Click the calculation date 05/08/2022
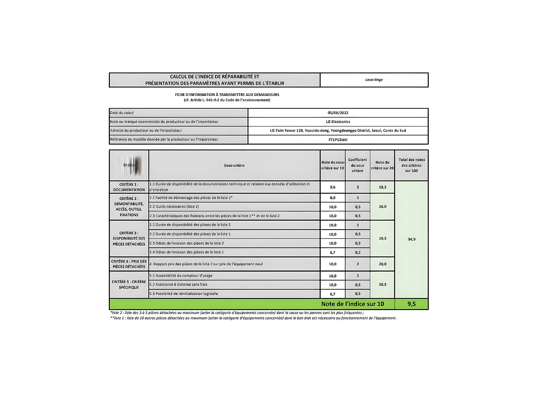(x=338, y=113)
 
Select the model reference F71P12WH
(x=338, y=140)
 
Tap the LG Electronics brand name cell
(x=338, y=122)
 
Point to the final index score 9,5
(x=411, y=304)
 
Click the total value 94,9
(x=412, y=239)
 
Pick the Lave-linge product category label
(x=374, y=80)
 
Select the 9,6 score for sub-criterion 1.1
(x=332, y=187)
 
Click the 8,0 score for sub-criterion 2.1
(x=332, y=198)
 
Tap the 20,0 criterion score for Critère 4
(x=382, y=264)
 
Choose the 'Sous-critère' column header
(x=234, y=165)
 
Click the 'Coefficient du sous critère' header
(x=357, y=165)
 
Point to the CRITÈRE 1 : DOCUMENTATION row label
(x=129, y=187)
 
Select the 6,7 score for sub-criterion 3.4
(x=332, y=252)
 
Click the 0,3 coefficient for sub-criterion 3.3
(x=358, y=243)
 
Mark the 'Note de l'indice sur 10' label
(x=352, y=304)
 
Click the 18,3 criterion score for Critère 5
(x=382, y=284)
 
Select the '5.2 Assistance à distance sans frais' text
(x=178, y=284)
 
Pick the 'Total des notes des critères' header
(x=412, y=165)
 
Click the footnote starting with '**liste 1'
(x=253, y=318)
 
